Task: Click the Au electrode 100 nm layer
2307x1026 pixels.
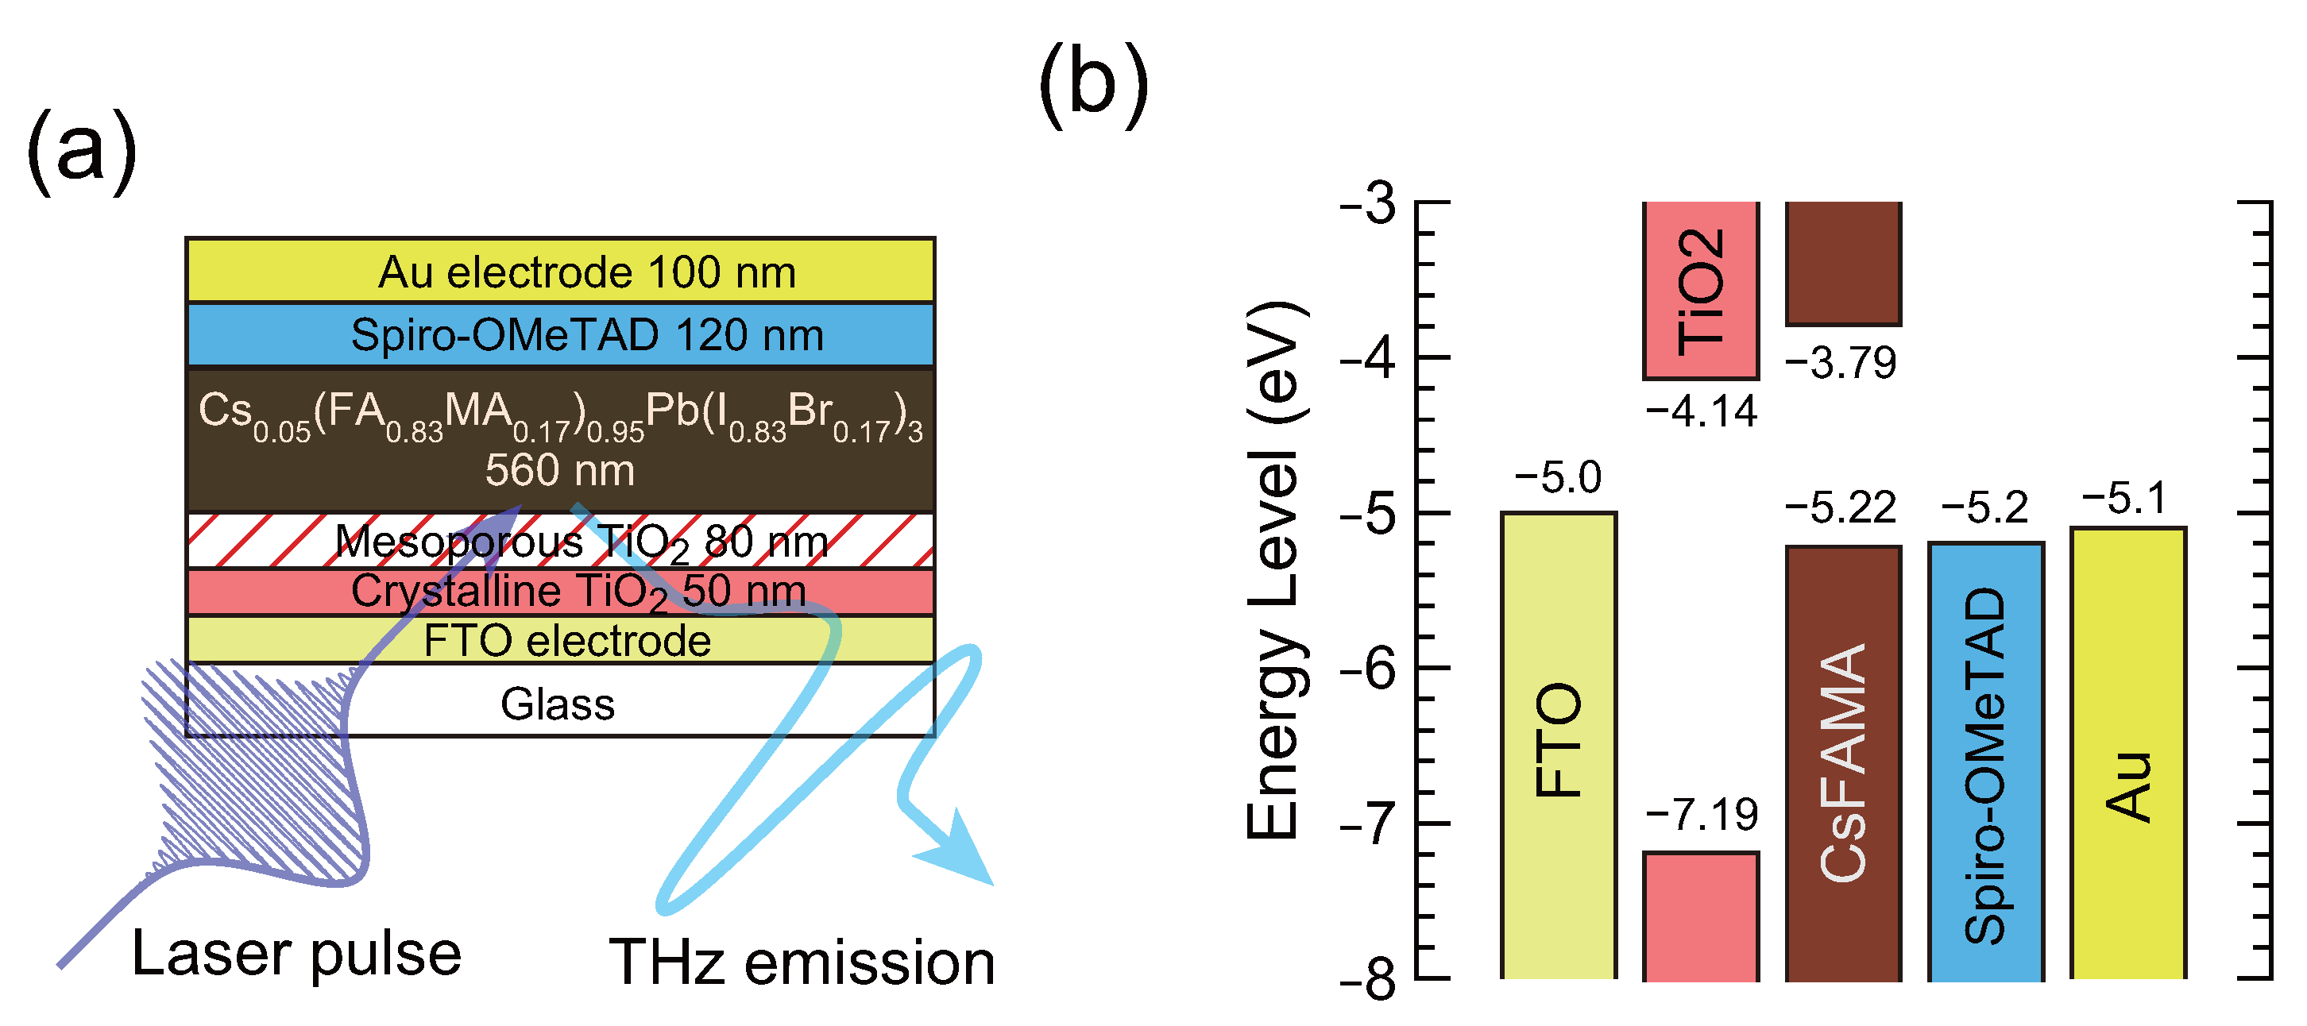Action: click(x=586, y=272)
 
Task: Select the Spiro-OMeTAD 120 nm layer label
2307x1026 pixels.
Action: click(x=586, y=336)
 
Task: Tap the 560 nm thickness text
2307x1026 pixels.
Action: click(x=560, y=470)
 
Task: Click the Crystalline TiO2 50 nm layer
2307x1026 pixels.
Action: click(x=578, y=592)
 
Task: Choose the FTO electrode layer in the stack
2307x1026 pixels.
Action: click(x=567, y=641)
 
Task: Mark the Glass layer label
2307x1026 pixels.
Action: click(x=557, y=704)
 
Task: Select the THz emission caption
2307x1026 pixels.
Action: click(x=802, y=962)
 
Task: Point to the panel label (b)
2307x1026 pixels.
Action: click(x=1092, y=84)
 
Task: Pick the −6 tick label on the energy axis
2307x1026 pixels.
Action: click(x=1367, y=668)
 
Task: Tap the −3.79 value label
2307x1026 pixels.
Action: click(x=1841, y=364)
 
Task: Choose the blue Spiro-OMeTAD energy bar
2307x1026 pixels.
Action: click(x=1985, y=761)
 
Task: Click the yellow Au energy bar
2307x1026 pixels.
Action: click(x=2128, y=752)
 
